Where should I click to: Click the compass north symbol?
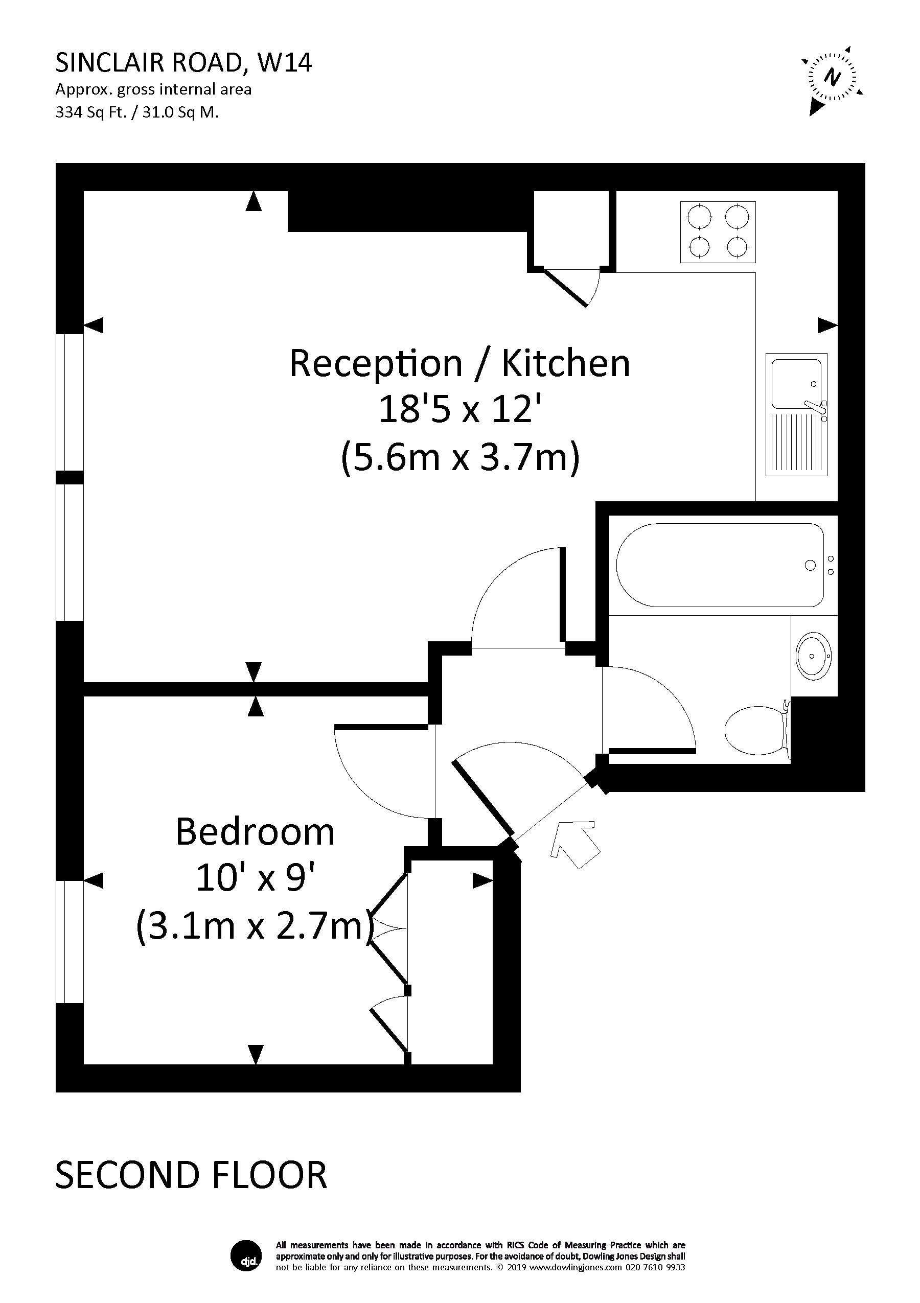point(832,77)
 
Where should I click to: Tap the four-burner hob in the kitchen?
point(718,231)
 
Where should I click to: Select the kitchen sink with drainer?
point(796,414)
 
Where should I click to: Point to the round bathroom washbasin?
point(813,656)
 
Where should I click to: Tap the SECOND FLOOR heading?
point(191,1175)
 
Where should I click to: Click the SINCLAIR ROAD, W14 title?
point(183,63)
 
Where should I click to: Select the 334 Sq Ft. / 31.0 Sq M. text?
point(137,112)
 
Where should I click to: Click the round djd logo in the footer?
point(246,1256)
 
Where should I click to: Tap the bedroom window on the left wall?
point(69,942)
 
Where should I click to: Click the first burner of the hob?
point(699,216)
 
